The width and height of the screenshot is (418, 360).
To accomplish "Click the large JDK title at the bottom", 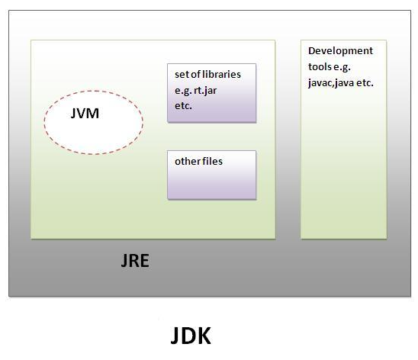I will pos(191,336).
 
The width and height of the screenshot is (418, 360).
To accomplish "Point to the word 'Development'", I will pos(340,51).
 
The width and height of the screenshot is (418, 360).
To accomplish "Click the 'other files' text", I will pos(198,162).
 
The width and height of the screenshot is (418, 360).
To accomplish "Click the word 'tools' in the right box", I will pos(321,67).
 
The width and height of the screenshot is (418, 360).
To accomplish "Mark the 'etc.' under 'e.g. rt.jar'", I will pos(183,105).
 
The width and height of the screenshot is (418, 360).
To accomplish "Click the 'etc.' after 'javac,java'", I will pos(365,82).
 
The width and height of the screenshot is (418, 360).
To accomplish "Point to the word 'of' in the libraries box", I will pos(198,75).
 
